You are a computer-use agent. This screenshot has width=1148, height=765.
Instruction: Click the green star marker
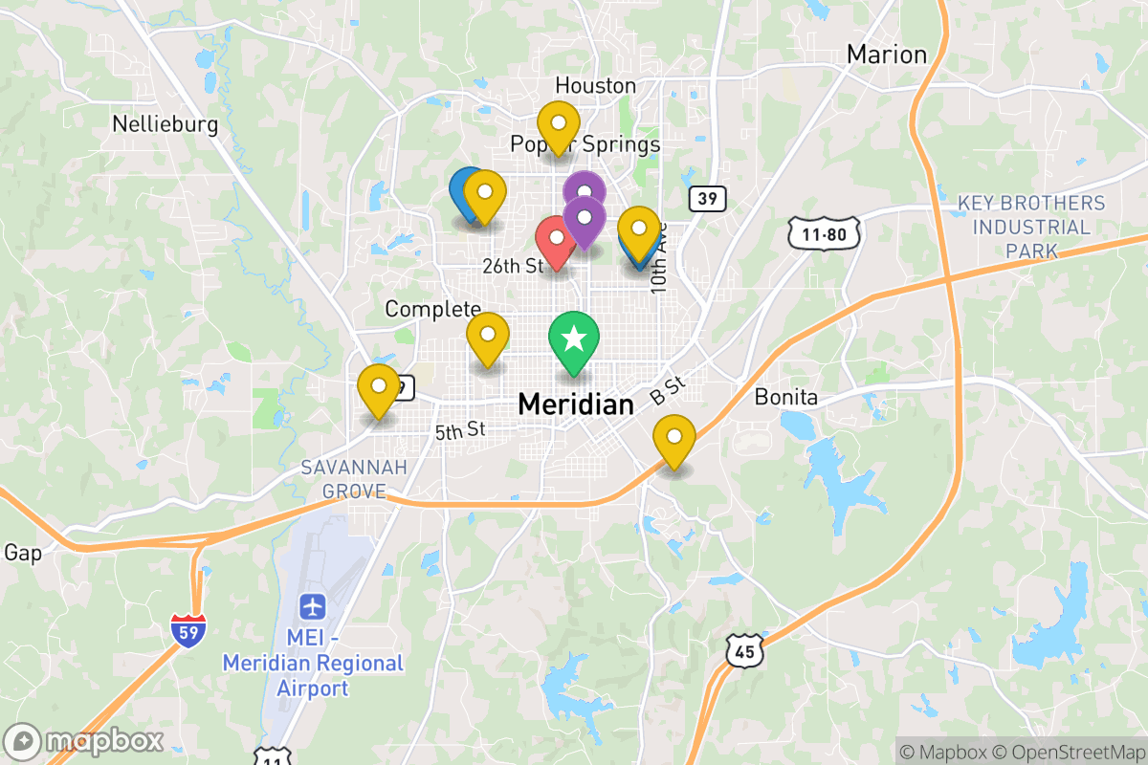pyautogui.click(x=573, y=339)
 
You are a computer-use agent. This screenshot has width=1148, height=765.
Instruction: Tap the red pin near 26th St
pyautogui.click(x=555, y=239)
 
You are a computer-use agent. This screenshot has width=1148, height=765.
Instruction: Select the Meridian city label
pyautogui.click(x=575, y=404)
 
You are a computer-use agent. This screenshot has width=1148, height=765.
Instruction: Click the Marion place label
pyautogui.click(x=887, y=55)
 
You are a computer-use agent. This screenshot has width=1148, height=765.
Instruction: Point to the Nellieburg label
pyautogui.click(x=165, y=124)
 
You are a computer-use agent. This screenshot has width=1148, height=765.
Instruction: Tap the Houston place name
pyautogui.click(x=595, y=86)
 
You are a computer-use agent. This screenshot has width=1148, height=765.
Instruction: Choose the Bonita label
pyautogui.click(x=785, y=397)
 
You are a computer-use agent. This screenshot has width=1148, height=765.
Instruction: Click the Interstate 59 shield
pyautogui.click(x=188, y=631)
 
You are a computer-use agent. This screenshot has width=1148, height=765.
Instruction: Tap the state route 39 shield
pyautogui.click(x=707, y=199)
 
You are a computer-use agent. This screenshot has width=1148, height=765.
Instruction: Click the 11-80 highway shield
pyautogui.click(x=825, y=232)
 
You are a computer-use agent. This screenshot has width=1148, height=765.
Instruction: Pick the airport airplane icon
pyautogui.click(x=312, y=606)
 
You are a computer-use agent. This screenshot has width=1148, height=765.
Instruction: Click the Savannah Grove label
pyautogui.click(x=353, y=479)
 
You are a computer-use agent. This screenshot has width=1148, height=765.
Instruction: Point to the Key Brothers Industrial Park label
pyautogui.click(x=1031, y=228)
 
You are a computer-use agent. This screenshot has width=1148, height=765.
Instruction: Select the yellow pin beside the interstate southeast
pyautogui.click(x=674, y=440)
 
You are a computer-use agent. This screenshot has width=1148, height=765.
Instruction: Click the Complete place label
pyautogui.click(x=432, y=309)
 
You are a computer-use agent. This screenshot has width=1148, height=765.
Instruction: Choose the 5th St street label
pyautogui.click(x=461, y=431)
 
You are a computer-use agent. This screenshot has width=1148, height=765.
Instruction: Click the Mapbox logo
pyautogui.click(x=84, y=741)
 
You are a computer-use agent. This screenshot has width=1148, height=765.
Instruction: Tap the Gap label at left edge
pyautogui.click(x=23, y=553)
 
